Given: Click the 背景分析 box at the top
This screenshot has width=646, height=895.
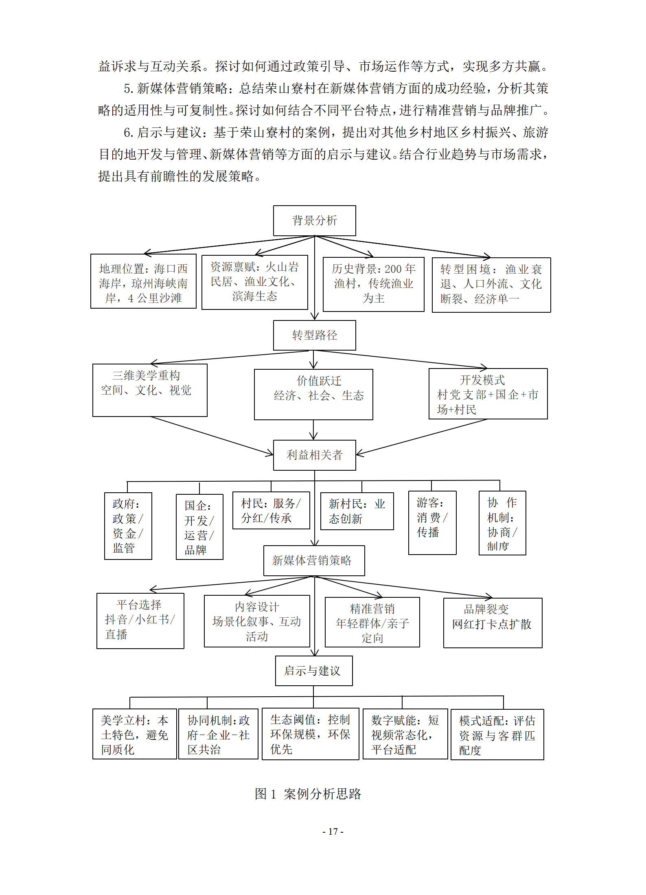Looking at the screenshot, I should pos(314,221).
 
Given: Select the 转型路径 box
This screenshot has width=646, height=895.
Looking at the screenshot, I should pos(314,335).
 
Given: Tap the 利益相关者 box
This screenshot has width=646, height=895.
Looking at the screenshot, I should pos(314,455).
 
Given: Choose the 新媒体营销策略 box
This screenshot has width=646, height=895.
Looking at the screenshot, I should pos(314,560).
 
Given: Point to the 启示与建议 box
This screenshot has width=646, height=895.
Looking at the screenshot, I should pos(313,671).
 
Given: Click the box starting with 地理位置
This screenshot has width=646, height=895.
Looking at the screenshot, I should pos(143,281).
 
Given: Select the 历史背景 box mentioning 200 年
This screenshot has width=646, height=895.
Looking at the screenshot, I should pos(373,284).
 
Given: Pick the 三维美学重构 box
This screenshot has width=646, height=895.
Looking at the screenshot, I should pos(150,390).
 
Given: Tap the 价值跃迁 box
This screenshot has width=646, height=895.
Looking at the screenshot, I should pos(313,394).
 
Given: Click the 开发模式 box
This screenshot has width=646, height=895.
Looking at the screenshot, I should pos(488,394).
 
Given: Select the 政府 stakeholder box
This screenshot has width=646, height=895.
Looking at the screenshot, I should pos(128,526).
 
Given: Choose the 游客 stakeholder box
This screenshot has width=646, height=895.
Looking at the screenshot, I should pos(432,522).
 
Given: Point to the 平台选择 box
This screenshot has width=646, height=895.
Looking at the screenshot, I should pos(140,621).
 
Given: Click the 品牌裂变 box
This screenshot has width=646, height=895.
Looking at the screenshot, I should pos(493,623).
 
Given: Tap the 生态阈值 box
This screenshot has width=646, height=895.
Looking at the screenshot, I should pos(310,734).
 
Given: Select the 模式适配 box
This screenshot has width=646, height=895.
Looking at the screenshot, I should pos(497,735).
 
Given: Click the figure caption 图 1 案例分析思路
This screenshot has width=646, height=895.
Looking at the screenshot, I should pos(308,794).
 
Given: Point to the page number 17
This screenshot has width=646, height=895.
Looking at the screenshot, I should pos(333,831).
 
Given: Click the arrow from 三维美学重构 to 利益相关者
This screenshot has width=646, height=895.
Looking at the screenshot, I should pos(212,435).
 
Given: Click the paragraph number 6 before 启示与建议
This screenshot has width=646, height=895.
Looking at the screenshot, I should pos(128,133).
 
